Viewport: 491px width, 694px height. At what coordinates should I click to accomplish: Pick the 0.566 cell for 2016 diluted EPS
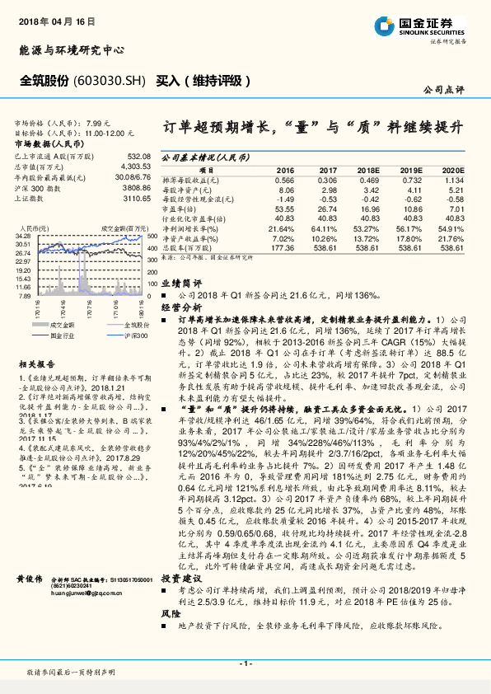284,180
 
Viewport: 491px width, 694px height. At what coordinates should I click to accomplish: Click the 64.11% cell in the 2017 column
326,228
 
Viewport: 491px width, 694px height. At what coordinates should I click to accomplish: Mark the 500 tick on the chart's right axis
152,237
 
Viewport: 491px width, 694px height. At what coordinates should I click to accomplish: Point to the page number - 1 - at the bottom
245,663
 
